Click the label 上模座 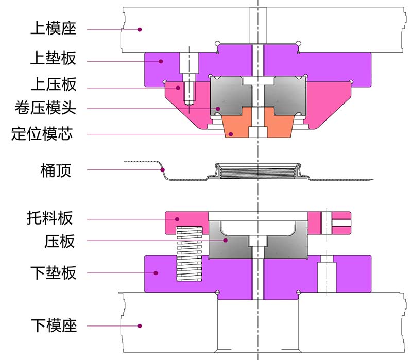coord(53,29)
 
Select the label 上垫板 coord(53,59)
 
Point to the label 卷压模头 coord(45,109)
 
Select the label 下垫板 coord(53,272)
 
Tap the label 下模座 coord(53,325)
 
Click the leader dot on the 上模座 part coord(140,30)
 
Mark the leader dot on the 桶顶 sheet coord(163,169)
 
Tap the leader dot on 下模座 coord(140,325)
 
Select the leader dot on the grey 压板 coord(225,241)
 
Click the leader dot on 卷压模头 coord(218,109)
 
